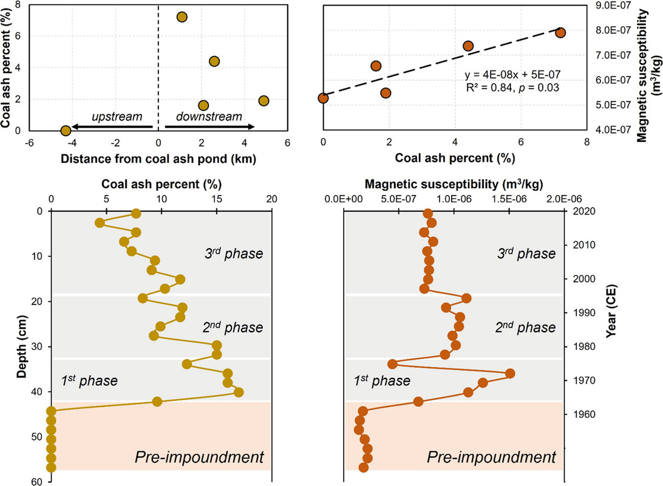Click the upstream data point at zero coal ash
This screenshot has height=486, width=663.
[66, 130]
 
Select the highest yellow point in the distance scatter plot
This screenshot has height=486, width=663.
[182, 17]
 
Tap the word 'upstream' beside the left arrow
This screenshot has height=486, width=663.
[117, 116]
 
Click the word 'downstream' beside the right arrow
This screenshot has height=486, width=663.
[208, 116]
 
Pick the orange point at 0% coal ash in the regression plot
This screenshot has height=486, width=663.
[323, 98]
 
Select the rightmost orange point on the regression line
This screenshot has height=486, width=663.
[560, 32]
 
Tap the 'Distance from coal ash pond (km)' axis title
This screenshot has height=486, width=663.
[158, 160]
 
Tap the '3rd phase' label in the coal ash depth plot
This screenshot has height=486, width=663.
[234, 253]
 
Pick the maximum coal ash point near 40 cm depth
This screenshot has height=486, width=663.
[239, 392]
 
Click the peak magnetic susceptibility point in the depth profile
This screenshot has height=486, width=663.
[510, 373]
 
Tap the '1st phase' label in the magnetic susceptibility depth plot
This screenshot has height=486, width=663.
[382, 380]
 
